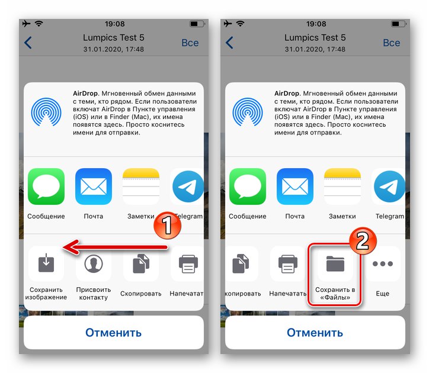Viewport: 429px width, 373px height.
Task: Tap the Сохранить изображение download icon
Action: tap(46, 263)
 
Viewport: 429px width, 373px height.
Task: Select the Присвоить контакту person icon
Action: tap(94, 263)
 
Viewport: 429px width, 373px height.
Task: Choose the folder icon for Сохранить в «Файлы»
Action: tap(335, 263)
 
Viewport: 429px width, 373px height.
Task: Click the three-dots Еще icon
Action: tap(383, 263)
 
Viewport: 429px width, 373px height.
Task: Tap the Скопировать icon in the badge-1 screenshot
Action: tap(141, 263)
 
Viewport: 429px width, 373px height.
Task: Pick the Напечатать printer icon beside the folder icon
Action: tap(288, 263)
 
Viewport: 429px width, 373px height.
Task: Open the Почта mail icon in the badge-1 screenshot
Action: tap(94, 186)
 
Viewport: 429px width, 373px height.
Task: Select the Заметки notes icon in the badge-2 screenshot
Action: tap(342, 186)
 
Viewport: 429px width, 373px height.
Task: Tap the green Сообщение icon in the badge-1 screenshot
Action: tap(46, 186)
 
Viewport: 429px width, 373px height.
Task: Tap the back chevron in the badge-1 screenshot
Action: tap(28, 43)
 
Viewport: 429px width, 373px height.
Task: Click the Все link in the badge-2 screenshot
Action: tap(391, 43)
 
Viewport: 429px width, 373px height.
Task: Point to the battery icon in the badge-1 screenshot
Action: tap(196, 24)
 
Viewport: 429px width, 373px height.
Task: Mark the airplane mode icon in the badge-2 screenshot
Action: tap(228, 24)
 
